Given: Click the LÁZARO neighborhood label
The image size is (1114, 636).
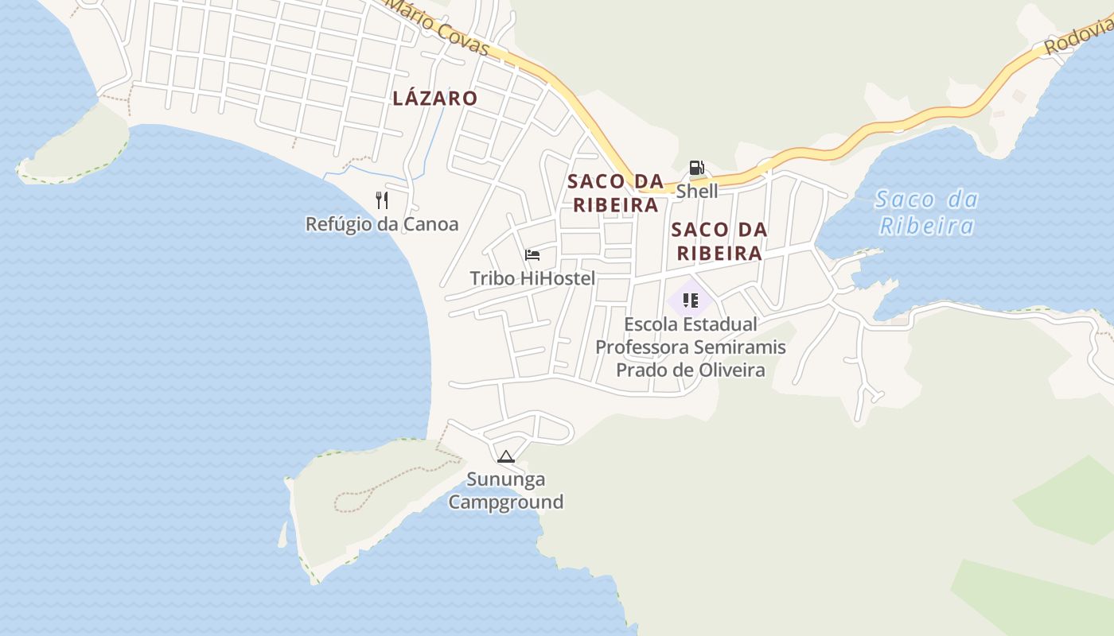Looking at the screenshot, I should click(x=434, y=99).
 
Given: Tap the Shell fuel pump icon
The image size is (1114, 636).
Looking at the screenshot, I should click(x=696, y=168).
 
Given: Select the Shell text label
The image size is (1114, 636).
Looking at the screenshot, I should click(x=697, y=192).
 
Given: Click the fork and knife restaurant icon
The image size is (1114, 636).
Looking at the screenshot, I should click(x=382, y=200).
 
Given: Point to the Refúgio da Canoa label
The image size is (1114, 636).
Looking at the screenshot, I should click(x=382, y=224).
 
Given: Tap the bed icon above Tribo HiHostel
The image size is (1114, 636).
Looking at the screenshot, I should click(x=532, y=255).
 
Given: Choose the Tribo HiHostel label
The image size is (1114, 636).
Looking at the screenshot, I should click(x=532, y=278).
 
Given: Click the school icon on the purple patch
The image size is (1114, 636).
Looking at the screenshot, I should click(x=690, y=301).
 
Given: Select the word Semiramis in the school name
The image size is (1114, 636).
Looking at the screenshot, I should click(x=739, y=347).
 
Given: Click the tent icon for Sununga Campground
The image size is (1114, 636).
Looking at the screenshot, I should click(x=505, y=456).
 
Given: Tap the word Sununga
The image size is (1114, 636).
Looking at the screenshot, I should click(x=506, y=479).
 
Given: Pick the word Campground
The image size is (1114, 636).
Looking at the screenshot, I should click(x=506, y=502).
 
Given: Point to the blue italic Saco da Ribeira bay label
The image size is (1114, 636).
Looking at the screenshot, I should click(x=926, y=212).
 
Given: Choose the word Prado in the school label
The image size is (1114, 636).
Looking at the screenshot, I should click(x=640, y=370).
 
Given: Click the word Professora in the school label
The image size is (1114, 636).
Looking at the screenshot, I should click(x=642, y=347).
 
